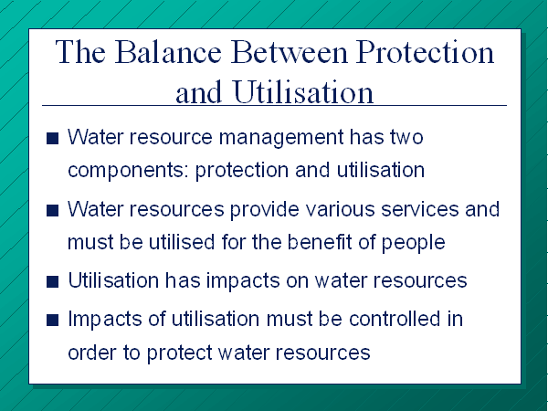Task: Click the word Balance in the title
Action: pos(168,52)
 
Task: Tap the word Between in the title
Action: pos(289,52)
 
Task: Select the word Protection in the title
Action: pos(425,52)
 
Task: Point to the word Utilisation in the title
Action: pos(303,91)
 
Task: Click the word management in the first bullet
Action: pos(281,138)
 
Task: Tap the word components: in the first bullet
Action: pos(129,171)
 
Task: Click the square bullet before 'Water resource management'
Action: pos(52,138)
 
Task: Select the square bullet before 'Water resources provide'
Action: pos(52,210)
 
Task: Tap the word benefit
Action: pos(320,242)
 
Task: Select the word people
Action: pos(413,243)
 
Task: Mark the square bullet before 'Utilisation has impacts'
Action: pos(52,281)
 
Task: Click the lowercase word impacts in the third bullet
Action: pos(243,281)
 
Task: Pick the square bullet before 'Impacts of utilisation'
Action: pos(52,320)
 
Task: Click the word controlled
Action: pos(395,319)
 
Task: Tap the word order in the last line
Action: pos(91,352)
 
